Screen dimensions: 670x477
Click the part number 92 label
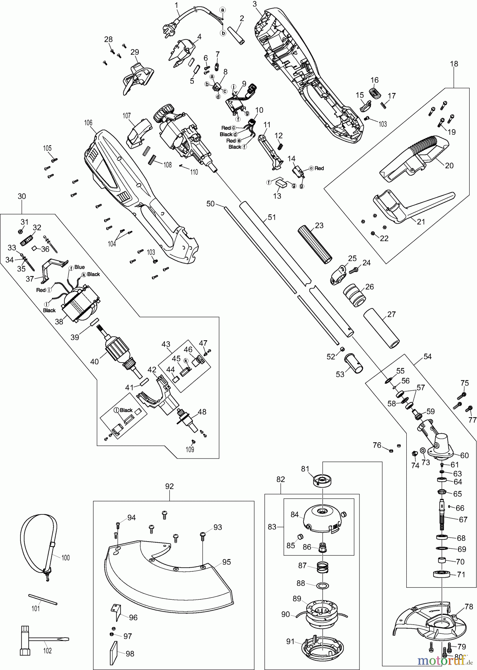169,486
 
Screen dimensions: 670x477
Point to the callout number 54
428,357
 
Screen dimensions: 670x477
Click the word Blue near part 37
79,267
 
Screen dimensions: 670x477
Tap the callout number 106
88,123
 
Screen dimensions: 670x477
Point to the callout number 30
22,196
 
